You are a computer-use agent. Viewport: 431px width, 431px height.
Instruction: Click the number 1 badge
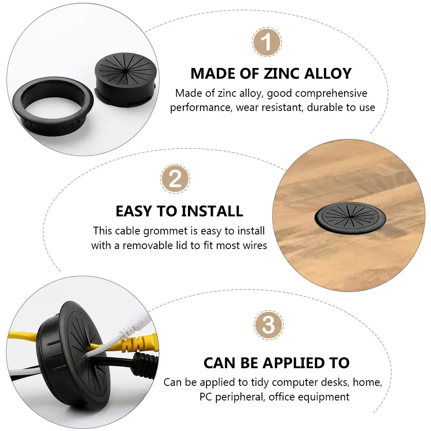267,43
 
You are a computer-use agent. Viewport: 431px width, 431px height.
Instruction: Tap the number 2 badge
175,179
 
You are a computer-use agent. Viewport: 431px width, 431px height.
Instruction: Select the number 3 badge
268,326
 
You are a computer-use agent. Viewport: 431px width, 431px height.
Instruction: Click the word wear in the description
246,108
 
